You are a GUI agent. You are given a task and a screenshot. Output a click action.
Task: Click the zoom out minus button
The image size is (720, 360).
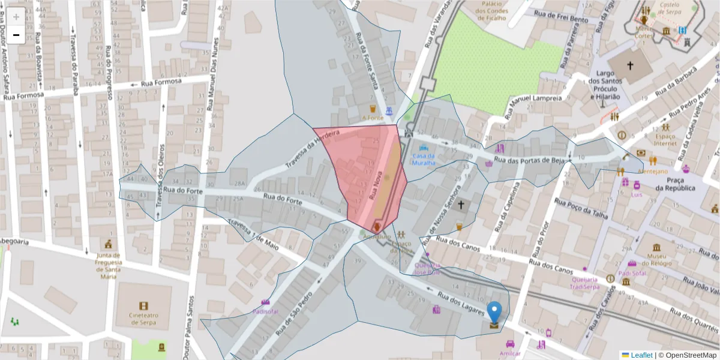16,35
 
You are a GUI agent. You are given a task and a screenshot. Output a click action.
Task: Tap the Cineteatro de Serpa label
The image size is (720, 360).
143,319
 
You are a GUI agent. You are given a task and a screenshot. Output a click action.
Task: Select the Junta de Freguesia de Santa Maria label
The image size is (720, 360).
109,266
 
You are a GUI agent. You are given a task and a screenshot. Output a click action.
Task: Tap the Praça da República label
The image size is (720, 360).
675,184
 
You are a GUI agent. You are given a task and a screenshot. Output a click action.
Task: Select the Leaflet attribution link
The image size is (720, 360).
641,355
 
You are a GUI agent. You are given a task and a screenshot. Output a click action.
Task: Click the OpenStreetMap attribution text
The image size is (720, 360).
687,355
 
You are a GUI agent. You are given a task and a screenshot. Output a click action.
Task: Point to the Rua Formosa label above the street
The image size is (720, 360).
161,82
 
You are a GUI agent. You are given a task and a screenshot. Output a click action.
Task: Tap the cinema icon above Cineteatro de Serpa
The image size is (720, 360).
143,306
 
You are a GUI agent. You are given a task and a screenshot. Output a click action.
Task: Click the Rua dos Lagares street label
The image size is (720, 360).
461,299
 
